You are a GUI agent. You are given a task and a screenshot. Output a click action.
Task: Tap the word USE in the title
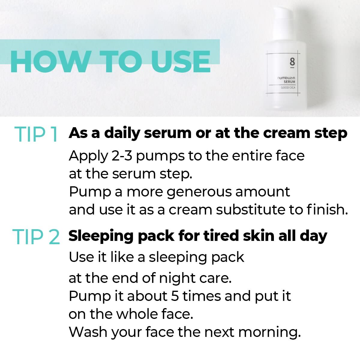[x=181, y=61]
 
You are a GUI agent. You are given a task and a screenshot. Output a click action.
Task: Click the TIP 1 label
[x=36, y=134]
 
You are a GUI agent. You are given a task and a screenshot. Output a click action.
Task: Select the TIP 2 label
[x=36, y=237]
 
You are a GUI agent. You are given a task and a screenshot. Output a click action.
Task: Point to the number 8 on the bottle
[x=292, y=62]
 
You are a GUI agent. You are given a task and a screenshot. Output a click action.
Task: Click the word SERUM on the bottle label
[x=289, y=82]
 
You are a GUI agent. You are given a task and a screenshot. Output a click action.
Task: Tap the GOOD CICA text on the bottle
[x=288, y=88]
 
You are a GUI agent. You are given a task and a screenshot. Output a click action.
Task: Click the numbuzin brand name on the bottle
[x=286, y=78]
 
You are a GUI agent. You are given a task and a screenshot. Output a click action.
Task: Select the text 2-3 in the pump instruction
[x=121, y=156]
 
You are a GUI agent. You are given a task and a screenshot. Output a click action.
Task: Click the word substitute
[x=250, y=210]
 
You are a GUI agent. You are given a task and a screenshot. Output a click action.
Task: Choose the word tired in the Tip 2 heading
[x=221, y=236]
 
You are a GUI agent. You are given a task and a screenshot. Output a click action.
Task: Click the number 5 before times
[x=175, y=296]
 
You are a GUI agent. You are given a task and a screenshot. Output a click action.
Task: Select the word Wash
[x=88, y=332]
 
